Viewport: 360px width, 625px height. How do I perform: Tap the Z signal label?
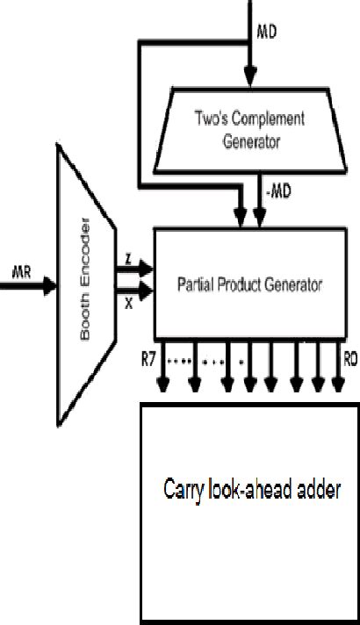pos(128,261)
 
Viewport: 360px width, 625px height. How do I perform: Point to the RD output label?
pos(349,360)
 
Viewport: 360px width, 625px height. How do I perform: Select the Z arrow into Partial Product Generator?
pos(135,272)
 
